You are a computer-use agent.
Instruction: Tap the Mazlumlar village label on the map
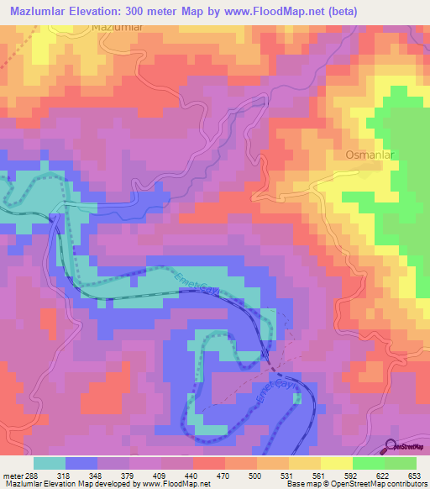[118, 28]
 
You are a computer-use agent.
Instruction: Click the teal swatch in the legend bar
[50, 463]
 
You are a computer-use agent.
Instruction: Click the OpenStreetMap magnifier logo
[392, 448]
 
